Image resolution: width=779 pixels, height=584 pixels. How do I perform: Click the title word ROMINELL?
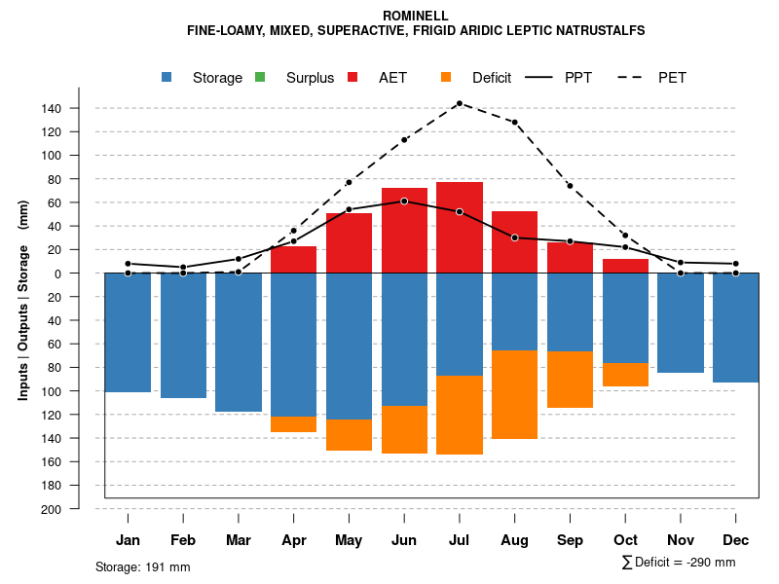[x=416, y=17]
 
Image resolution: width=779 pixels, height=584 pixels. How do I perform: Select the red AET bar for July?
[x=460, y=227]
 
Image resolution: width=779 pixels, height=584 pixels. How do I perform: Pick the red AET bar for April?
[x=293, y=260]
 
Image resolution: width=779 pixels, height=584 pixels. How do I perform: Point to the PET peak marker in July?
[x=459, y=103]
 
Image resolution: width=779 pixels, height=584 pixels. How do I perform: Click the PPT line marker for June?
[x=404, y=201]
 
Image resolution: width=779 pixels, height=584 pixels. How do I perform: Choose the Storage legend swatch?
[x=168, y=78]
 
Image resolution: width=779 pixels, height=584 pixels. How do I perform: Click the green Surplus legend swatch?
[x=260, y=78]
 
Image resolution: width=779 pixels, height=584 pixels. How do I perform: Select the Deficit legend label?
[x=492, y=78]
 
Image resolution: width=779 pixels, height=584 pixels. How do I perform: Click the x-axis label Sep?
[x=570, y=540]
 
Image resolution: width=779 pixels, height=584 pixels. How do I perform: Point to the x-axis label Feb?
[x=183, y=540]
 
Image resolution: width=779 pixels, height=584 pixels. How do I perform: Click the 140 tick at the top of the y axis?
[x=52, y=108]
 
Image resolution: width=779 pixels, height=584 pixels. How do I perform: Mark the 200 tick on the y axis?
[x=52, y=509]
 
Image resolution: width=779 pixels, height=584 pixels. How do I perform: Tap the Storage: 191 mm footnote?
[x=142, y=566]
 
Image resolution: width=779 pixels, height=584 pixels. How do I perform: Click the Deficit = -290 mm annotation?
[x=678, y=563]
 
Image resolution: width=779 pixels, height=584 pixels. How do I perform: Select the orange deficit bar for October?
[x=625, y=375]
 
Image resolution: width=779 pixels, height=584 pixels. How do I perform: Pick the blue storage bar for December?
[x=735, y=327]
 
